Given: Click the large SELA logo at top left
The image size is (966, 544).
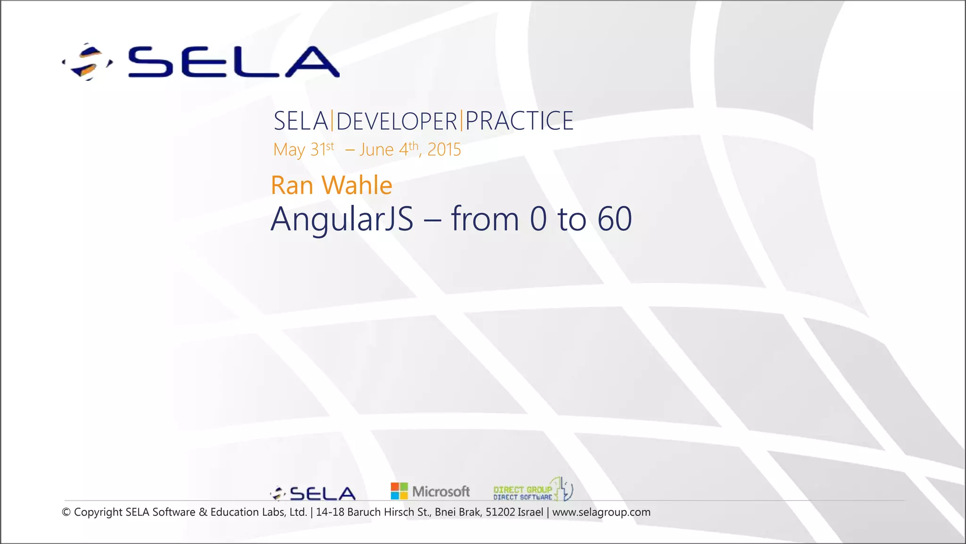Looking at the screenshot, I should (200, 62).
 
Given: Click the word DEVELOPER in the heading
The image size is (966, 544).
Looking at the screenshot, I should (397, 121).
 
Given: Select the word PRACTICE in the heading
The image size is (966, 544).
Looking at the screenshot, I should (519, 121).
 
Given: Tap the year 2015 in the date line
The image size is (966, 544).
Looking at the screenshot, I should (444, 150).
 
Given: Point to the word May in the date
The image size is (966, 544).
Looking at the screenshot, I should (289, 150).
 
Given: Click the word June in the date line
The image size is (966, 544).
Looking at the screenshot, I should (376, 150).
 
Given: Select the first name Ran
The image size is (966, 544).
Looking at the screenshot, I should (292, 185).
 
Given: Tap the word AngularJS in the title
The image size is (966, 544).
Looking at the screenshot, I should (342, 219).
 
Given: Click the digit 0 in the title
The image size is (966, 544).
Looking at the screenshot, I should (538, 219).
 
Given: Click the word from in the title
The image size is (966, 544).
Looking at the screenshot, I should (485, 219).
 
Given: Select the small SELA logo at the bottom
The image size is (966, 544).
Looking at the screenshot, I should (313, 493).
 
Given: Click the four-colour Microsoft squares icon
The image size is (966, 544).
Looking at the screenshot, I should (399, 491).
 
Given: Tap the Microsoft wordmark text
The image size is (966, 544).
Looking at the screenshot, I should (441, 492).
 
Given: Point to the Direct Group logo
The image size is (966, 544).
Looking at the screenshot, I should (533, 490).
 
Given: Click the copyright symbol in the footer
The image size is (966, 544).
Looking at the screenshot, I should (66, 512).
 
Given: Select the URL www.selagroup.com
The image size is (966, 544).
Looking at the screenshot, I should (601, 512).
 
